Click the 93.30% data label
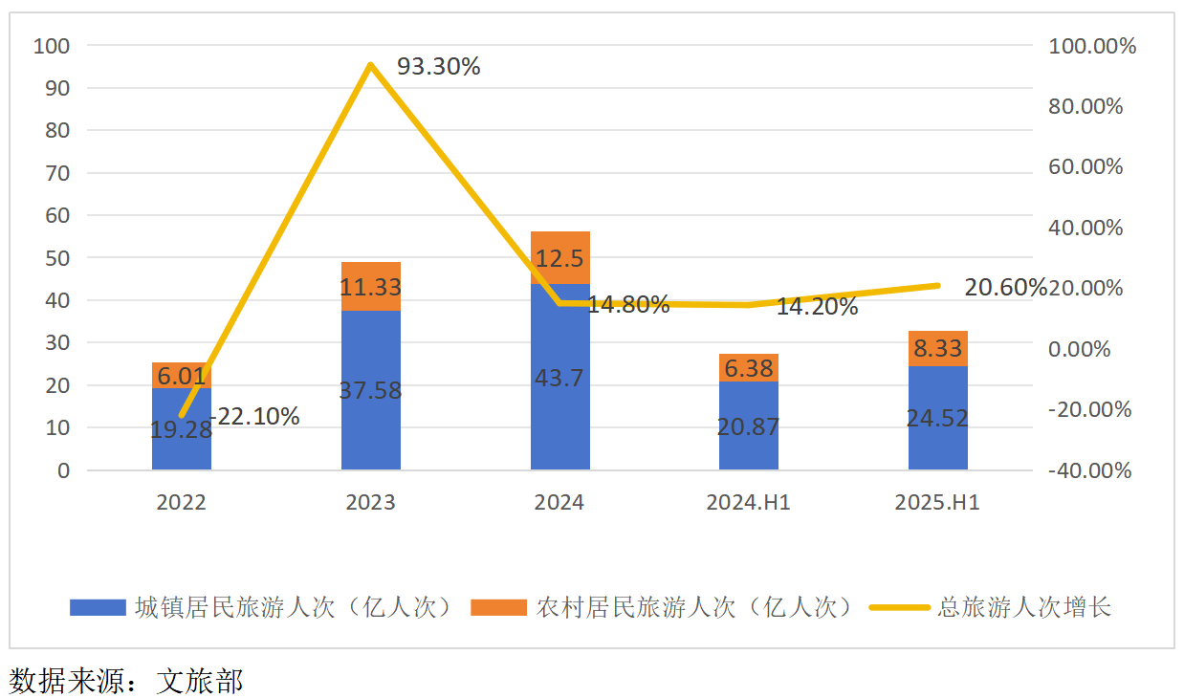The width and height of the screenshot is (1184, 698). (x=438, y=67)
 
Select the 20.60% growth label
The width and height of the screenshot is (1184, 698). (x=1004, y=288)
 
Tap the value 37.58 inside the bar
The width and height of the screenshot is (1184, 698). (x=370, y=390)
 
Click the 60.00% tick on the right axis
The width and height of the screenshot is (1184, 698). (x=1085, y=167)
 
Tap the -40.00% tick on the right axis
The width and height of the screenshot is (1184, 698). (x=1089, y=470)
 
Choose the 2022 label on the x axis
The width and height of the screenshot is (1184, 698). (x=181, y=503)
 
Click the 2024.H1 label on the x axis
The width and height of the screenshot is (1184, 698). (x=748, y=503)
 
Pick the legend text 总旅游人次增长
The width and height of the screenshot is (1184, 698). (x=1024, y=608)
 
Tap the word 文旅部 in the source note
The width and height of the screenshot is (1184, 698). (x=200, y=681)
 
